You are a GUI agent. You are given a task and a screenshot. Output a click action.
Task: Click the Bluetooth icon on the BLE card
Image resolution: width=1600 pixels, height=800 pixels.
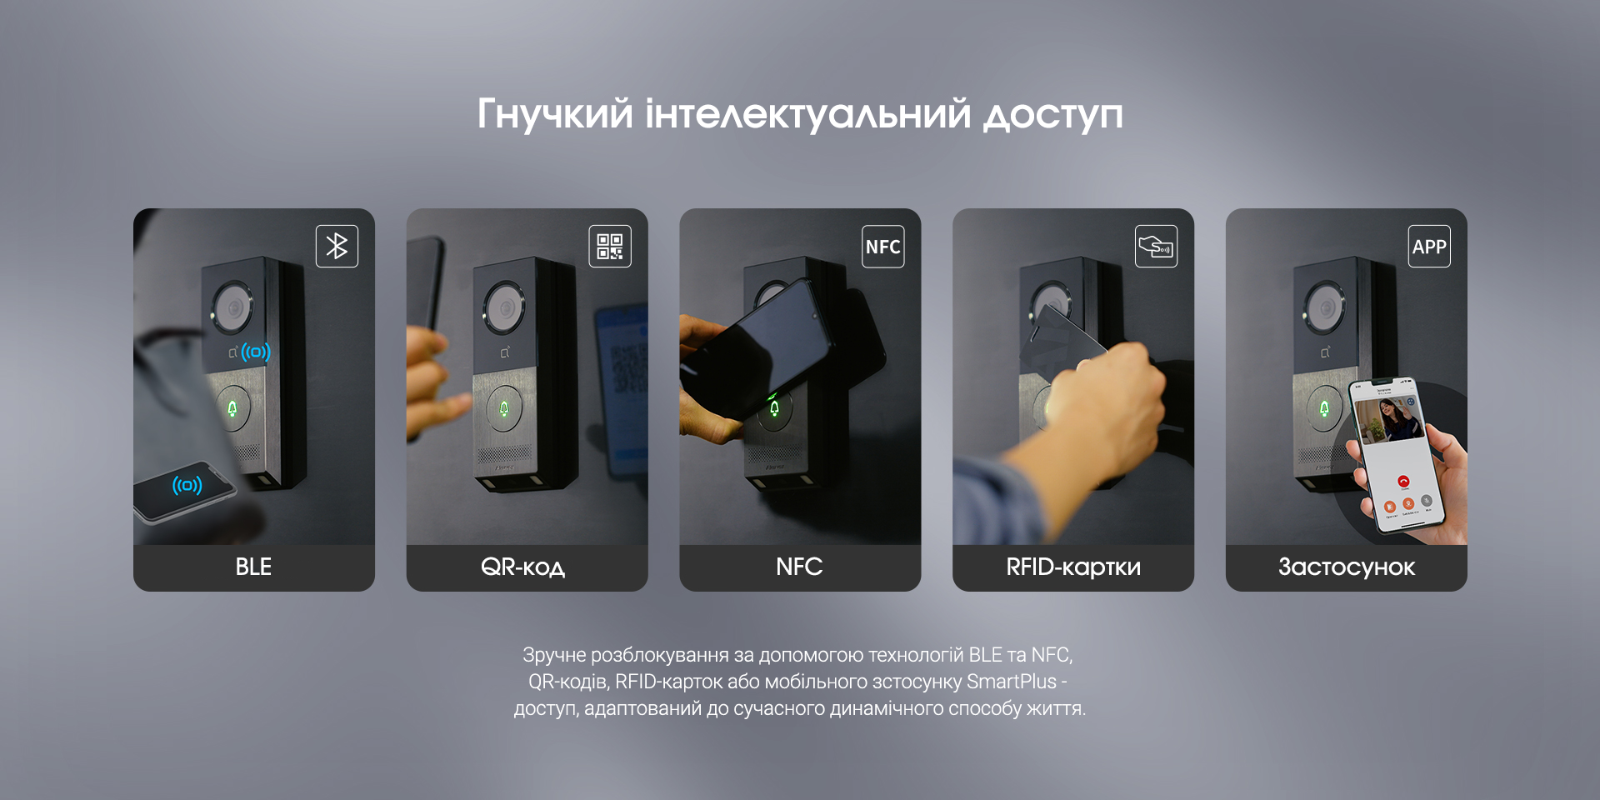(x=337, y=246)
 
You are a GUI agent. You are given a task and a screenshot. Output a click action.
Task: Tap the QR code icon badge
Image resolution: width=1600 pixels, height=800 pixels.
(x=610, y=246)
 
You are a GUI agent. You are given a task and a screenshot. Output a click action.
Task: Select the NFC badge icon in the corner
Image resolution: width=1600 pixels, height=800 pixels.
(x=883, y=246)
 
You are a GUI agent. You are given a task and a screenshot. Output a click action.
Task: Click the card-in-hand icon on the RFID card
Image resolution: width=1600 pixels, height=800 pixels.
(x=1157, y=246)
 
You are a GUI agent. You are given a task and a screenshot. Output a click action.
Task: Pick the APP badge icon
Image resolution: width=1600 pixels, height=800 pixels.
(x=1429, y=246)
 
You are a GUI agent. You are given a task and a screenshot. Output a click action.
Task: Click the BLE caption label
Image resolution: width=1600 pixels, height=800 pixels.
(x=253, y=567)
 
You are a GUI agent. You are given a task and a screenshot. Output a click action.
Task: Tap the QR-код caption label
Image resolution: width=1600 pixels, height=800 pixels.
(x=523, y=567)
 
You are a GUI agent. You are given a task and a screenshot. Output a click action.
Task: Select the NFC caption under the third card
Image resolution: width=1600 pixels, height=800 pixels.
(x=799, y=567)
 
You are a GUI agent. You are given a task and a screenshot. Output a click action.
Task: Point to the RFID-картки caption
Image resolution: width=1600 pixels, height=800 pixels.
(x=1073, y=567)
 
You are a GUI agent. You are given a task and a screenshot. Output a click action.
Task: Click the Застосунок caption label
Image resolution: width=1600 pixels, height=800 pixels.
(x=1347, y=567)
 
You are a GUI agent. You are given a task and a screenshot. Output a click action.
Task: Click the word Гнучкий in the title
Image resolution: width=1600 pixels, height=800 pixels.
(x=555, y=114)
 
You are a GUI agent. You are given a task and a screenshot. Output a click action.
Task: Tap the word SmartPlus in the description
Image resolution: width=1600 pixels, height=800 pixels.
(x=1012, y=682)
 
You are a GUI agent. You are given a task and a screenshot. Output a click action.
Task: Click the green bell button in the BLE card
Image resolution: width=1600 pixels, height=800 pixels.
(x=232, y=408)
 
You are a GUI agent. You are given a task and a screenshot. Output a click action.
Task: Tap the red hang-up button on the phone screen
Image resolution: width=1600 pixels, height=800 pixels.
(x=1403, y=482)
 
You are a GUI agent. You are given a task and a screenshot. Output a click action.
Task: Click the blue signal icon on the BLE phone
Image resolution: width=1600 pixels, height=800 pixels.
(x=187, y=484)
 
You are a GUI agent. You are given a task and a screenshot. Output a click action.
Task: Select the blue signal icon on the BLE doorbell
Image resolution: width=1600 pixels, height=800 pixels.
(x=256, y=352)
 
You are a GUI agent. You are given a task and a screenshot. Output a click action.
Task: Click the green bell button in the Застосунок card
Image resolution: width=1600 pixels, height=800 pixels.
(x=1324, y=408)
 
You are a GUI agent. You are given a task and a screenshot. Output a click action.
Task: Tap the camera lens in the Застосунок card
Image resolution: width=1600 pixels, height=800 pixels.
(x=1325, y=307)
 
